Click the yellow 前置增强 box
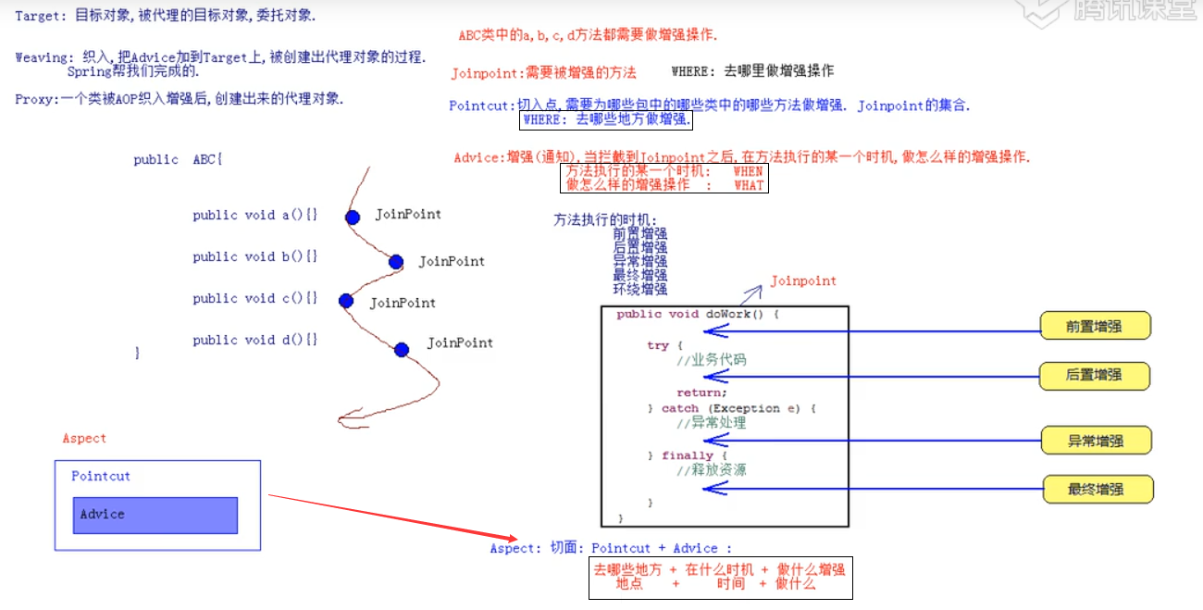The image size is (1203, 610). point(1095,326)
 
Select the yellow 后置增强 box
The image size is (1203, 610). point(1095,375)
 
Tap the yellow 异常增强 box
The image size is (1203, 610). point(1097,441)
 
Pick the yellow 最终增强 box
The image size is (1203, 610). point(1098,489)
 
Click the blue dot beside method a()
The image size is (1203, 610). point(353,218)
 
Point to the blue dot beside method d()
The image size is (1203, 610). point(401,349)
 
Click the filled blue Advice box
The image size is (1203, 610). point(155,515)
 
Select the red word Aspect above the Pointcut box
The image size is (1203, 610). point(84,439)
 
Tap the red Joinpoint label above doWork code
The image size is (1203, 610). point(803,280)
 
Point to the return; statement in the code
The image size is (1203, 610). point(701,392)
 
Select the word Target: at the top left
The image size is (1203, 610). point(38,17)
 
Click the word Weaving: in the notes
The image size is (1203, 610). point(43,57)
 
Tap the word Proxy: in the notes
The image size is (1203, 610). point(35,99)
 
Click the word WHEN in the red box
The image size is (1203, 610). point(748,171)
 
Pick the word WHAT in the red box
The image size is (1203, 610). point(749,185)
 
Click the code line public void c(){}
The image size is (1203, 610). point(254,298)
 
